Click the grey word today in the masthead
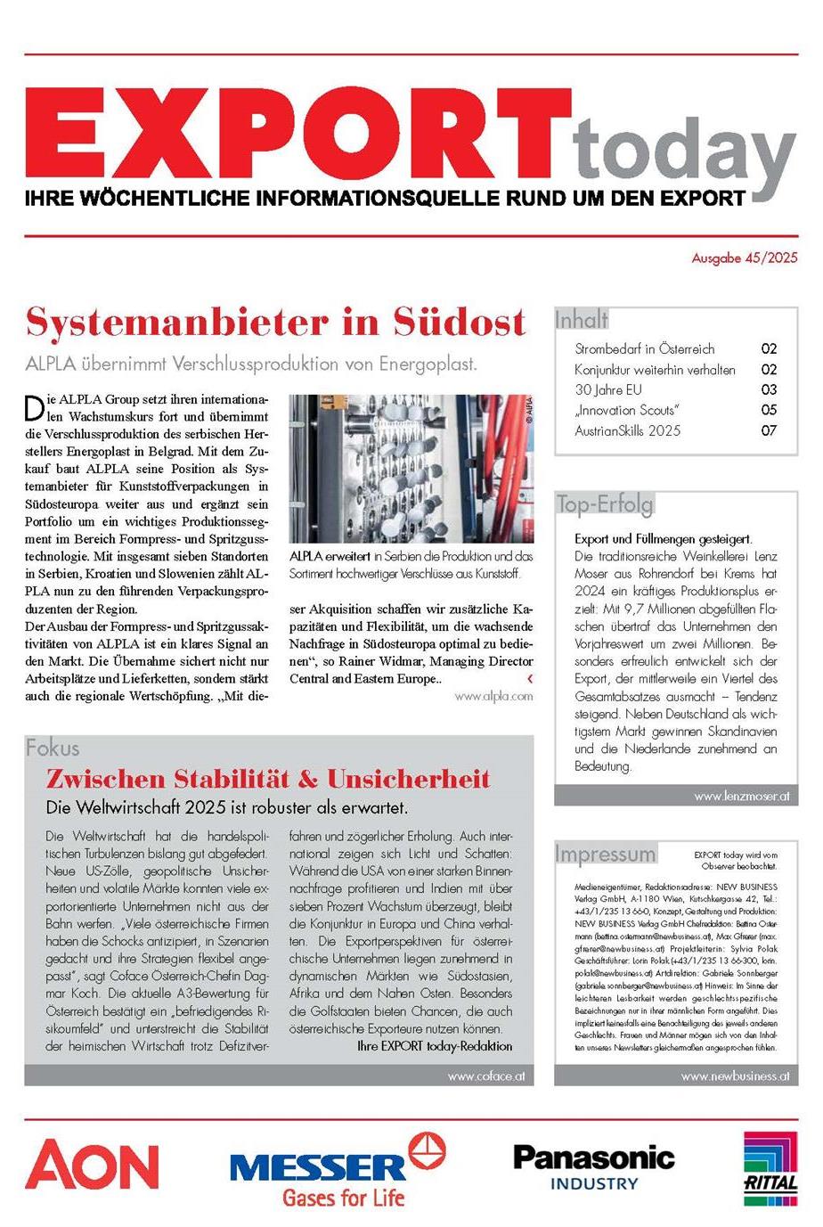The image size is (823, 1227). [684, 151]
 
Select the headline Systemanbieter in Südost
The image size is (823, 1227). [276, 322]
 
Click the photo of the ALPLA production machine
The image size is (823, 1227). [411, 469]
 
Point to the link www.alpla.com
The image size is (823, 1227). [493, 696]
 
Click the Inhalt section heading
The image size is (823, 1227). [582, 319]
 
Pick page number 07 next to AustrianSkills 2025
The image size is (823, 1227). [769, 430]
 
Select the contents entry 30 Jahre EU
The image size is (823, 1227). [607, 389]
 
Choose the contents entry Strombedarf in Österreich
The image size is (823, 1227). [644, 348]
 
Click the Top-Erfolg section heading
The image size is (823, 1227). [605, 504]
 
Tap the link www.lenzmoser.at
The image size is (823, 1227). [741, 796]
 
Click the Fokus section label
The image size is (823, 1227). [53, 748]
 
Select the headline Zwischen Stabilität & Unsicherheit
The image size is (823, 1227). [268, 780]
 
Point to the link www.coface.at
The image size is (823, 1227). [485, 1076]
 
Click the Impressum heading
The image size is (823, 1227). [605, 854]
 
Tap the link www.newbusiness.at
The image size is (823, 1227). [735, 1076]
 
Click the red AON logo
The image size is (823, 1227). [92, 1166]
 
